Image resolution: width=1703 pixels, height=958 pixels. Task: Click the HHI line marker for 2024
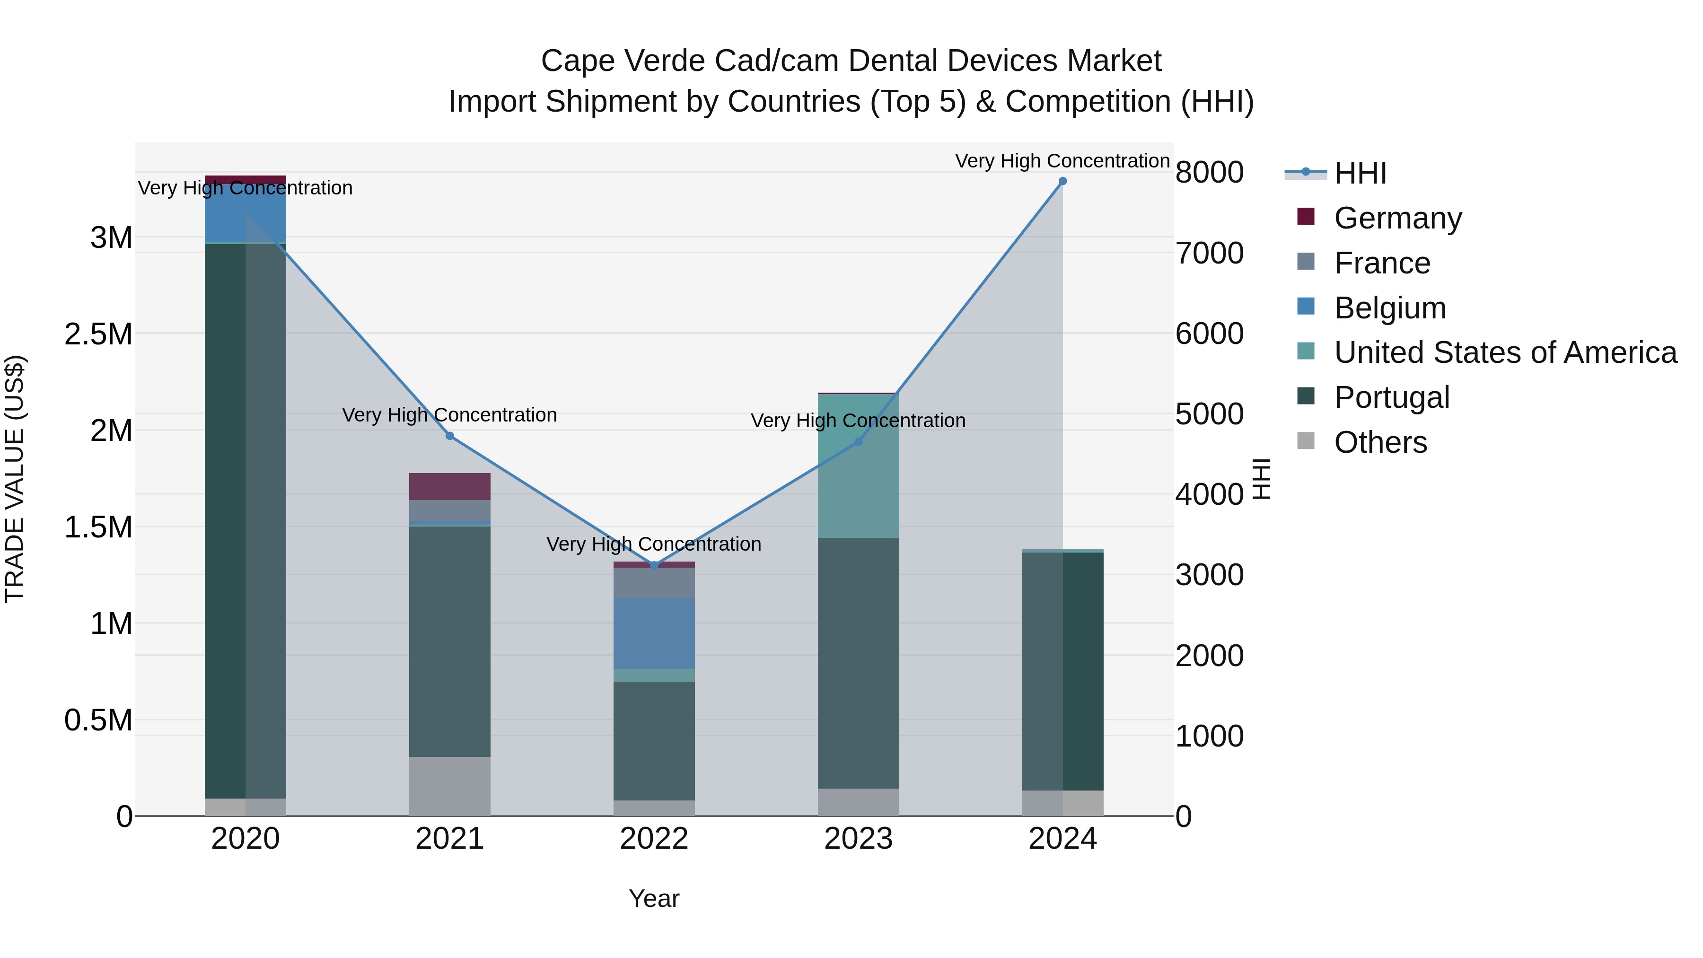[x=1062, y=181]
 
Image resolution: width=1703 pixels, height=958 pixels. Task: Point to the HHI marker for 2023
[x=858, y=442]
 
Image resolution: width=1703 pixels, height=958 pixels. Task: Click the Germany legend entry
[x=1397, y=218]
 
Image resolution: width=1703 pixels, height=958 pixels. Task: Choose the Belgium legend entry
[x=1390, y=308]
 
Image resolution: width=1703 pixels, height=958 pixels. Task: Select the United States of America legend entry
[x=1505, y=352]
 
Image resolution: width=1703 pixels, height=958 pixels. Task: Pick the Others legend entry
[x=1380, y=442]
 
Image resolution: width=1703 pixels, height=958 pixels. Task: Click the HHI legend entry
[x=1360, y=173]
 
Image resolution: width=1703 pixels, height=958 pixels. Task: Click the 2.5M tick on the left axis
[x=98, y=334]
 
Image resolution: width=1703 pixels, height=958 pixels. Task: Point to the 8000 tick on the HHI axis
[x=1209, y=173]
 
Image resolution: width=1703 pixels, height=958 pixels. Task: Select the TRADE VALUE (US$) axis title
[x=15, y=479]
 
